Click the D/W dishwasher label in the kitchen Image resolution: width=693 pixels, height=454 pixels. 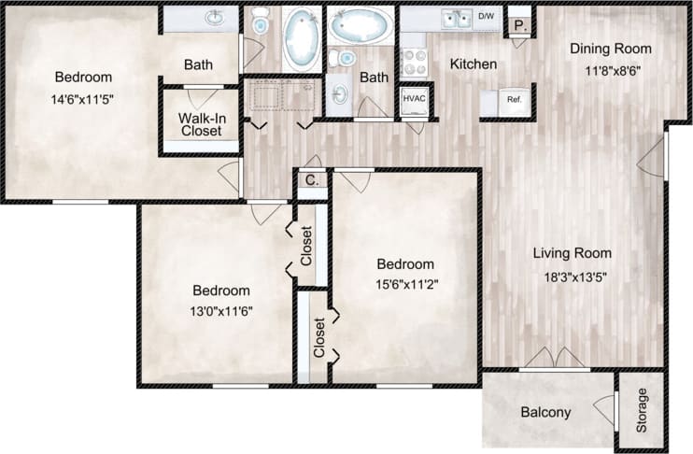click(x=486, y=17)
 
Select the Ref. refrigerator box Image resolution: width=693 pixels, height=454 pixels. click(x=513, y=100)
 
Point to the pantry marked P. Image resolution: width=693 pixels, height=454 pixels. click(x=521, y=26)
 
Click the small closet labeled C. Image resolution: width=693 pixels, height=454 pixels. click(x=311, y=182)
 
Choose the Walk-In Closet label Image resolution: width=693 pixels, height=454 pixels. click(x=201, y=124)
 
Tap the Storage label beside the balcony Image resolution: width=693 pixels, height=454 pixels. click(x=642, y=410)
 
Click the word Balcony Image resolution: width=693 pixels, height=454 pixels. click(x=546, y=412)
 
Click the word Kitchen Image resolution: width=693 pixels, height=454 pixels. click(x=474, y=64)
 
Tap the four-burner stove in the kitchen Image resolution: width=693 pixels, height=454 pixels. click(x=413, y=62)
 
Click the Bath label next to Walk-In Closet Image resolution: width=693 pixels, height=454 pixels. click(x=198, y=65)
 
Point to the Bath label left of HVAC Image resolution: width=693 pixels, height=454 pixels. click(x=374, y=78)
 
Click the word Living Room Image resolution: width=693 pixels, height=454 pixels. click(x=572, y=253)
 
